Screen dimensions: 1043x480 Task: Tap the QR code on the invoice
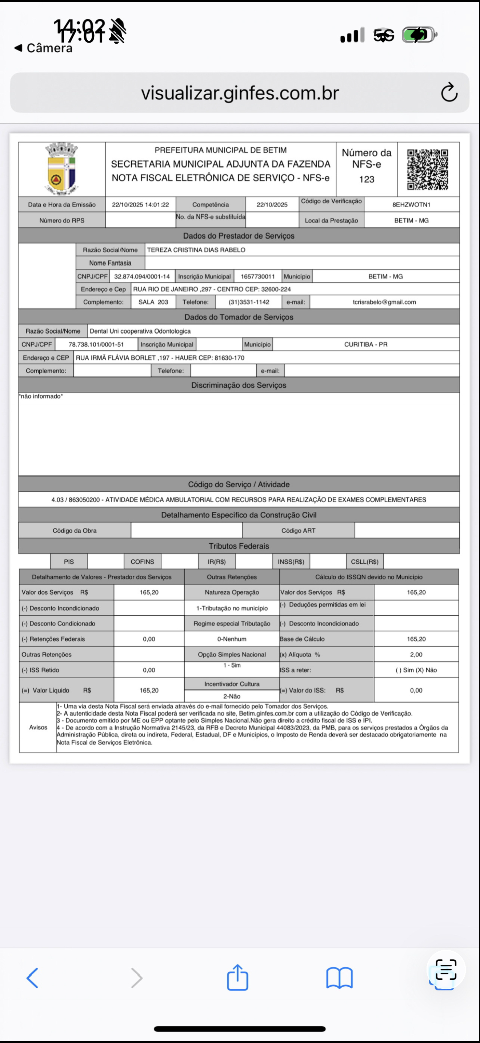pyautogui.click(x=427, y=169)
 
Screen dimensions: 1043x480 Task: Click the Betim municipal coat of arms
pyautogui.click(x=61, y=169)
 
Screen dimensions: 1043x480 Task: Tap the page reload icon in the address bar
pyautogui.click(x=449, y=93)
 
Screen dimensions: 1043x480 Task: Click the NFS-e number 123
pyautogui.click(x=366, y=179)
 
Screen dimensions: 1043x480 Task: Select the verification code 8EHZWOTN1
pyautogui.click(x=411, y=204)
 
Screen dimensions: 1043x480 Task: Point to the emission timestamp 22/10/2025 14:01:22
pyautogui.click(x=140, y=204)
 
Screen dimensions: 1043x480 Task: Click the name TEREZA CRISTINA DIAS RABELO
pyautogui.click(x=196, y=250)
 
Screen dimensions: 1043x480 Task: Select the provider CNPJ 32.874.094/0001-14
pyautogui.click(x=142, y=276)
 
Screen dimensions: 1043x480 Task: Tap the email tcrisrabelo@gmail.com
pyautogui.click(x=384, y=302)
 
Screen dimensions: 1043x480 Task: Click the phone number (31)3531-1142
pyautogui.click(x=249, y=302)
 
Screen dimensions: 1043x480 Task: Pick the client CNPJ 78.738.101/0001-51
pyautogui.click(x=96, y=344)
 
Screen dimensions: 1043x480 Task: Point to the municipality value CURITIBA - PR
pyautogui.click(x=365, y=344)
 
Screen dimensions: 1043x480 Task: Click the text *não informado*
pyautogui.click(x=41, y=396)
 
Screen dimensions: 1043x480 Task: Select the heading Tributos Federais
pyautogui.click(x=239, y=546)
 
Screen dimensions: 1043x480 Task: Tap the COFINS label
pyautogui.click(x=142, y=562)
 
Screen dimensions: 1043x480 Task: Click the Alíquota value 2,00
pyautogui.click(x=416, y=655)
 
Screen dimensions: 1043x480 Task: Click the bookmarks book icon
pyautogui.click(x=339, y=978)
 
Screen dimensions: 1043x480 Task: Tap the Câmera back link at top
pyautogui.click(x=44, y=48)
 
